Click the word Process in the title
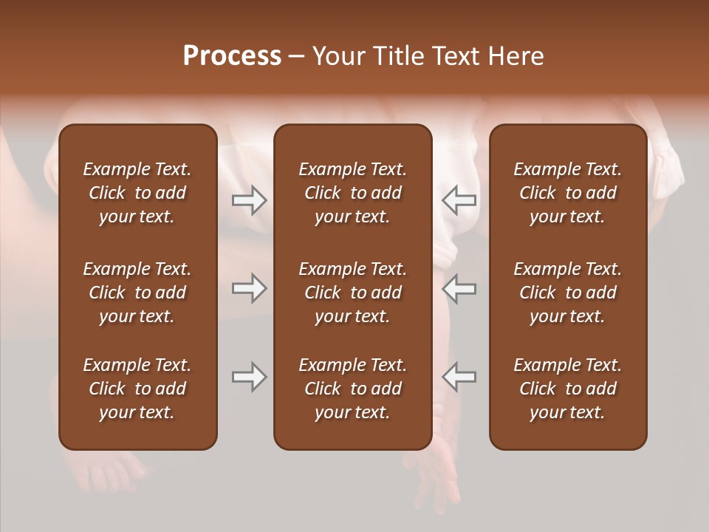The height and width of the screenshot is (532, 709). [232, 56]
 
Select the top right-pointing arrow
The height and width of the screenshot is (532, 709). [249, 199]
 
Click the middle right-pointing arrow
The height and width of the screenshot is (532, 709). [249, 288]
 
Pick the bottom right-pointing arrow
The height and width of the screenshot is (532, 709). [249, 377]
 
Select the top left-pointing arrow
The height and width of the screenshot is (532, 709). [459, 199]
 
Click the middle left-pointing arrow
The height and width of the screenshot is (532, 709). [459, 288]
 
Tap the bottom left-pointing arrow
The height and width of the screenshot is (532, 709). [459, 377]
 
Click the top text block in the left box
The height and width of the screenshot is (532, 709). [137, 193]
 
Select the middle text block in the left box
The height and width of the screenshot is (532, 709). [137, 293]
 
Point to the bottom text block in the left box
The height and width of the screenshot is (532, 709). [137, 389]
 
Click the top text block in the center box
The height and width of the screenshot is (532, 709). [353, 193]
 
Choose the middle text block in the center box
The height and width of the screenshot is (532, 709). [353, 293]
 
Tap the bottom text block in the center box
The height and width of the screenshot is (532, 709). [353, 389]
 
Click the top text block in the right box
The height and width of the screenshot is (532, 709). [568, 193]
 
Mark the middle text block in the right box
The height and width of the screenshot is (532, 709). [568, 293]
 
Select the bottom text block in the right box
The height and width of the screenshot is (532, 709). [568, 389]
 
